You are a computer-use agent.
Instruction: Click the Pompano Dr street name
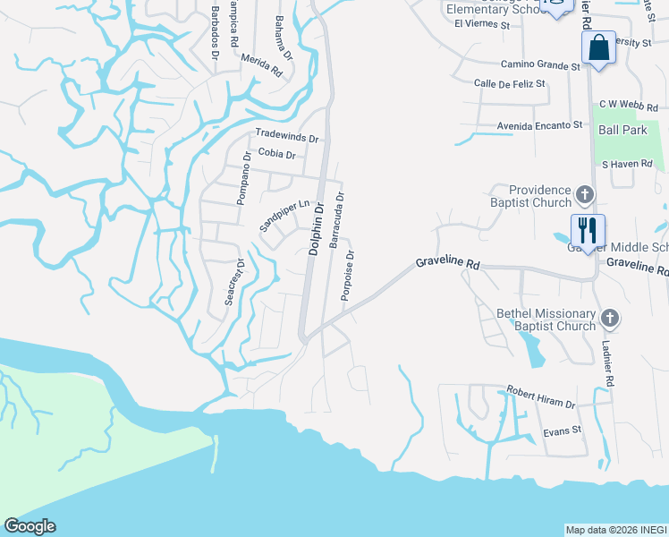(243, 178)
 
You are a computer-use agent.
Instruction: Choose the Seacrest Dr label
(234, 280)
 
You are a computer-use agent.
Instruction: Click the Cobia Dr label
(276, 154)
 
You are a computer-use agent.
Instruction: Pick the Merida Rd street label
(261, 65)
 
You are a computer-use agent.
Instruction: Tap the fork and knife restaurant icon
(588, 231)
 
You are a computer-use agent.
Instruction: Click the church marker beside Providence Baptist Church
(585, 194)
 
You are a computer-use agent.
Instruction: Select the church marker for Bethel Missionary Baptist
(609, 318)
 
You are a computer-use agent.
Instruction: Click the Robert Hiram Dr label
(541, 397)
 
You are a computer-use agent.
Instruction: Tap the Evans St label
(563, 430)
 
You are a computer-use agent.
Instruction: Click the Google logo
(30, 526)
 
